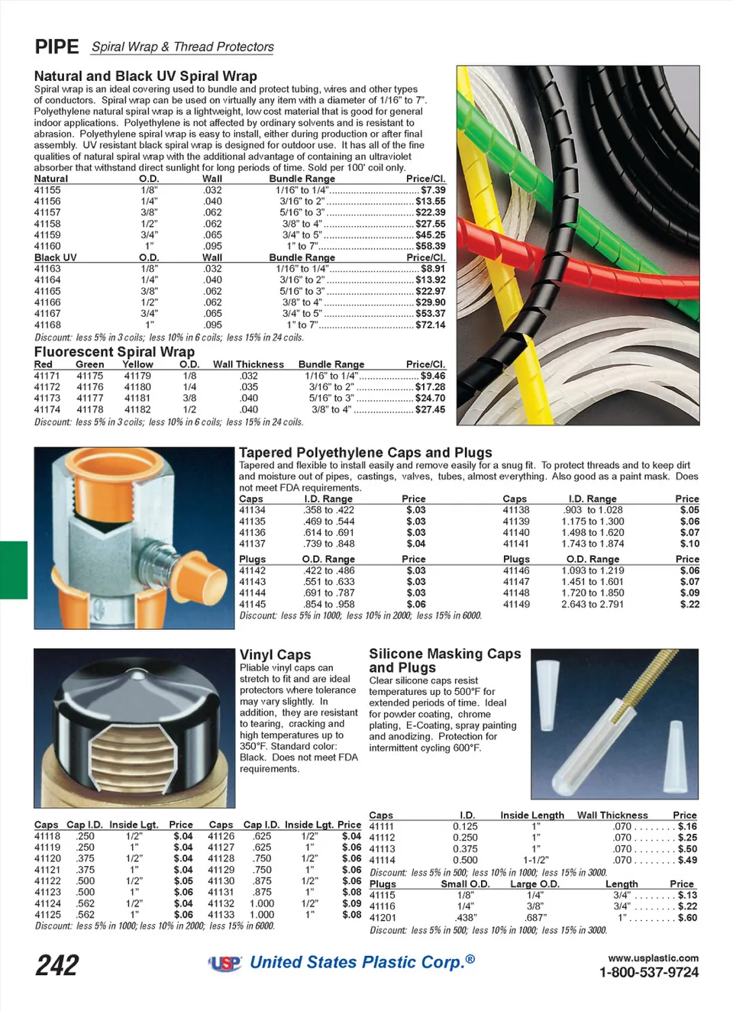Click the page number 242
point(57,965)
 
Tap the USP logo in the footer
point(225,964)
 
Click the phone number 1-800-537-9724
point(648,972)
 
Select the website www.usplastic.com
point(653,958)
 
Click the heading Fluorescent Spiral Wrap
point(115,352)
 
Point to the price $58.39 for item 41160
point(431,246)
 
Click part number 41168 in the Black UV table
point(47,325)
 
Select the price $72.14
point(431,325)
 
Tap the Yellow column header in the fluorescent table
point(137,364)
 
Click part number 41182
point(137,409)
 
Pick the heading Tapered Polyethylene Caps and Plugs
point(365,453)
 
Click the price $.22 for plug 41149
point(689,604)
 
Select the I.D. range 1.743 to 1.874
point(593,544)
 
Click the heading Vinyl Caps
point(275,654)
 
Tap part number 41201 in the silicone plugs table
point(383,918)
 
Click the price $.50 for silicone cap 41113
point(687,848)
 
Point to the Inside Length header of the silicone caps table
point(532,815)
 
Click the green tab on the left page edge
point(13,570)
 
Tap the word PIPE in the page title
point(57,47)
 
